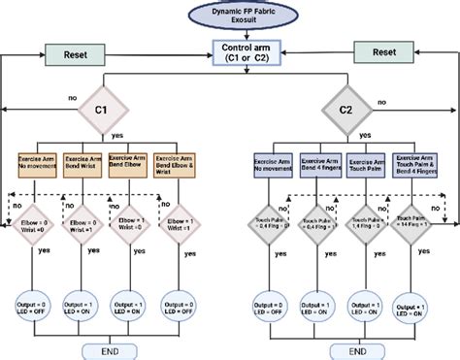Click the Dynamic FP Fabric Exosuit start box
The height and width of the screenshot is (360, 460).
(229, 16)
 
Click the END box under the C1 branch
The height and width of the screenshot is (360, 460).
(109, 345)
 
